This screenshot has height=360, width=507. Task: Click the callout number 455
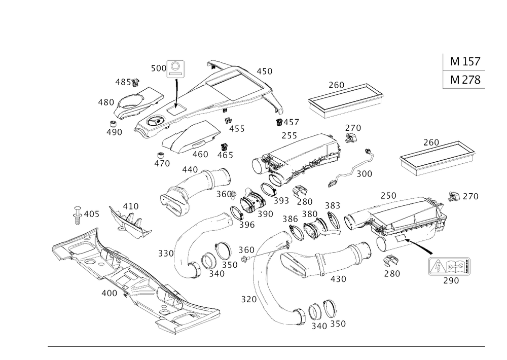point(236,129)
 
